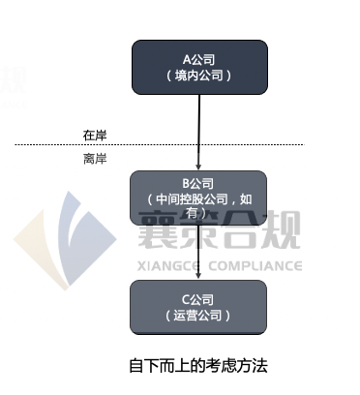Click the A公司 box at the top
(x=198, y=66)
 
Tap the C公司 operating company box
(x=198, y=307)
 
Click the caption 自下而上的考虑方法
(x=197, y=365)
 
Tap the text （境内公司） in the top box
(x=198, y=75)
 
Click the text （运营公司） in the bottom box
(x=198, y=316)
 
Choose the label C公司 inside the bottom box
(x=198, y=298)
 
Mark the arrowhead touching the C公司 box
(x=198, y=276)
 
